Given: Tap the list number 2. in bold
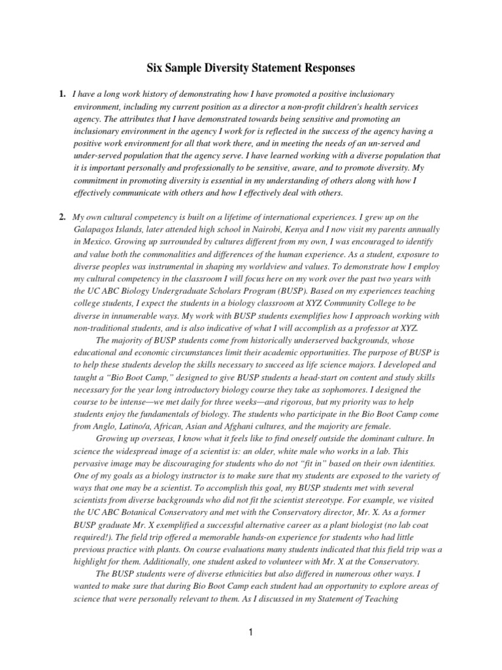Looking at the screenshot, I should [63, 217].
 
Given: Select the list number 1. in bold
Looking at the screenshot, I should [63, 95].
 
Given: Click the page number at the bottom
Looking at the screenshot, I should [251, 632].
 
